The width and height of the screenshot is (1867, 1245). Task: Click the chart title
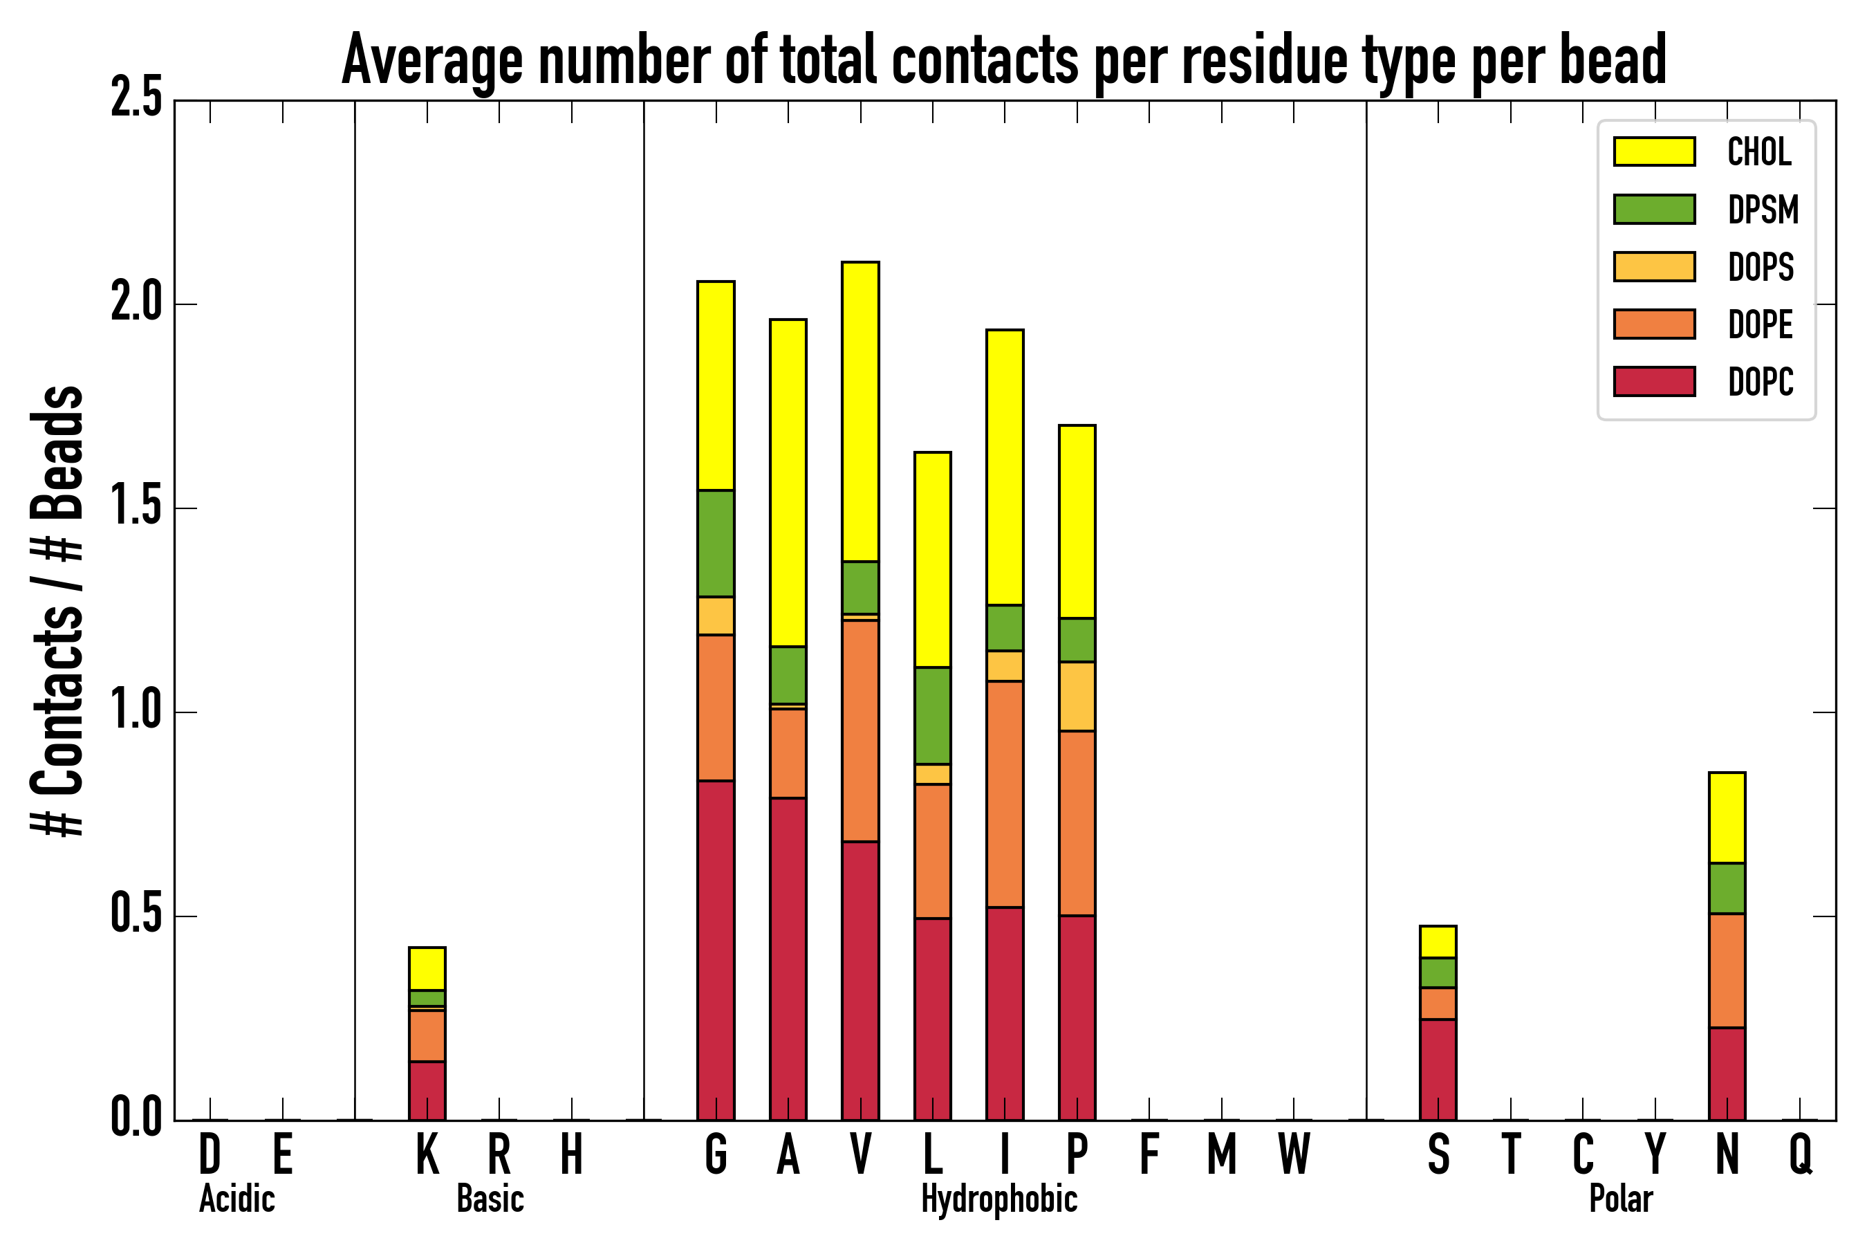click(1003, 60)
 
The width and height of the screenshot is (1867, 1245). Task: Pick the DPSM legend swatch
click(1654, 210)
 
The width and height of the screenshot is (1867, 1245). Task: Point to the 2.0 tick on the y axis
click(136, 304)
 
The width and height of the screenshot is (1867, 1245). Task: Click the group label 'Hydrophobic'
click(998, 1199)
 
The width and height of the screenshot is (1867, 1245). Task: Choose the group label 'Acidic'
click(236, 1199)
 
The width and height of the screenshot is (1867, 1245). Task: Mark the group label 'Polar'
click(1621, 1199)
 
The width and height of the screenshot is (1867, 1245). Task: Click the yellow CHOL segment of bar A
click(788, 483)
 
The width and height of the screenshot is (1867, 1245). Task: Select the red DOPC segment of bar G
click(716, 950)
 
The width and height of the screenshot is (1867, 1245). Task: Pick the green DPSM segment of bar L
click(933, 715)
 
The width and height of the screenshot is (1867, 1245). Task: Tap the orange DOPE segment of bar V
click(860, 730)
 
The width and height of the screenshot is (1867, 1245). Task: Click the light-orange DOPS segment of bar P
click(1077, 697)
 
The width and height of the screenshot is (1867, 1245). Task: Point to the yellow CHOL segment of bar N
click(1727, 817)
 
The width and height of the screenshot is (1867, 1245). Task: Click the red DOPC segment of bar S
click(1438, 1069)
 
